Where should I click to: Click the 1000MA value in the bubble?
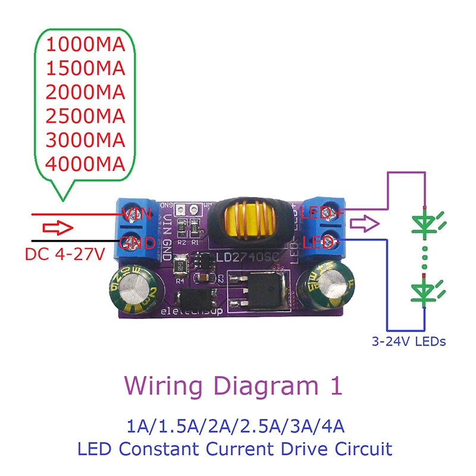point(86,44)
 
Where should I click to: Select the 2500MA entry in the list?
point(86,116)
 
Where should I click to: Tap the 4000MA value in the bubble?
point(86,163)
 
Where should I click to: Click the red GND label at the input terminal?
point(138,243)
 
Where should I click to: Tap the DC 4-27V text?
point(65,254)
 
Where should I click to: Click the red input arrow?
point(57,228)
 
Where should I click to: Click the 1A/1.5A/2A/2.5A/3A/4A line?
point(236,426)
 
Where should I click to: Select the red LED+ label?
point(322,212)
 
